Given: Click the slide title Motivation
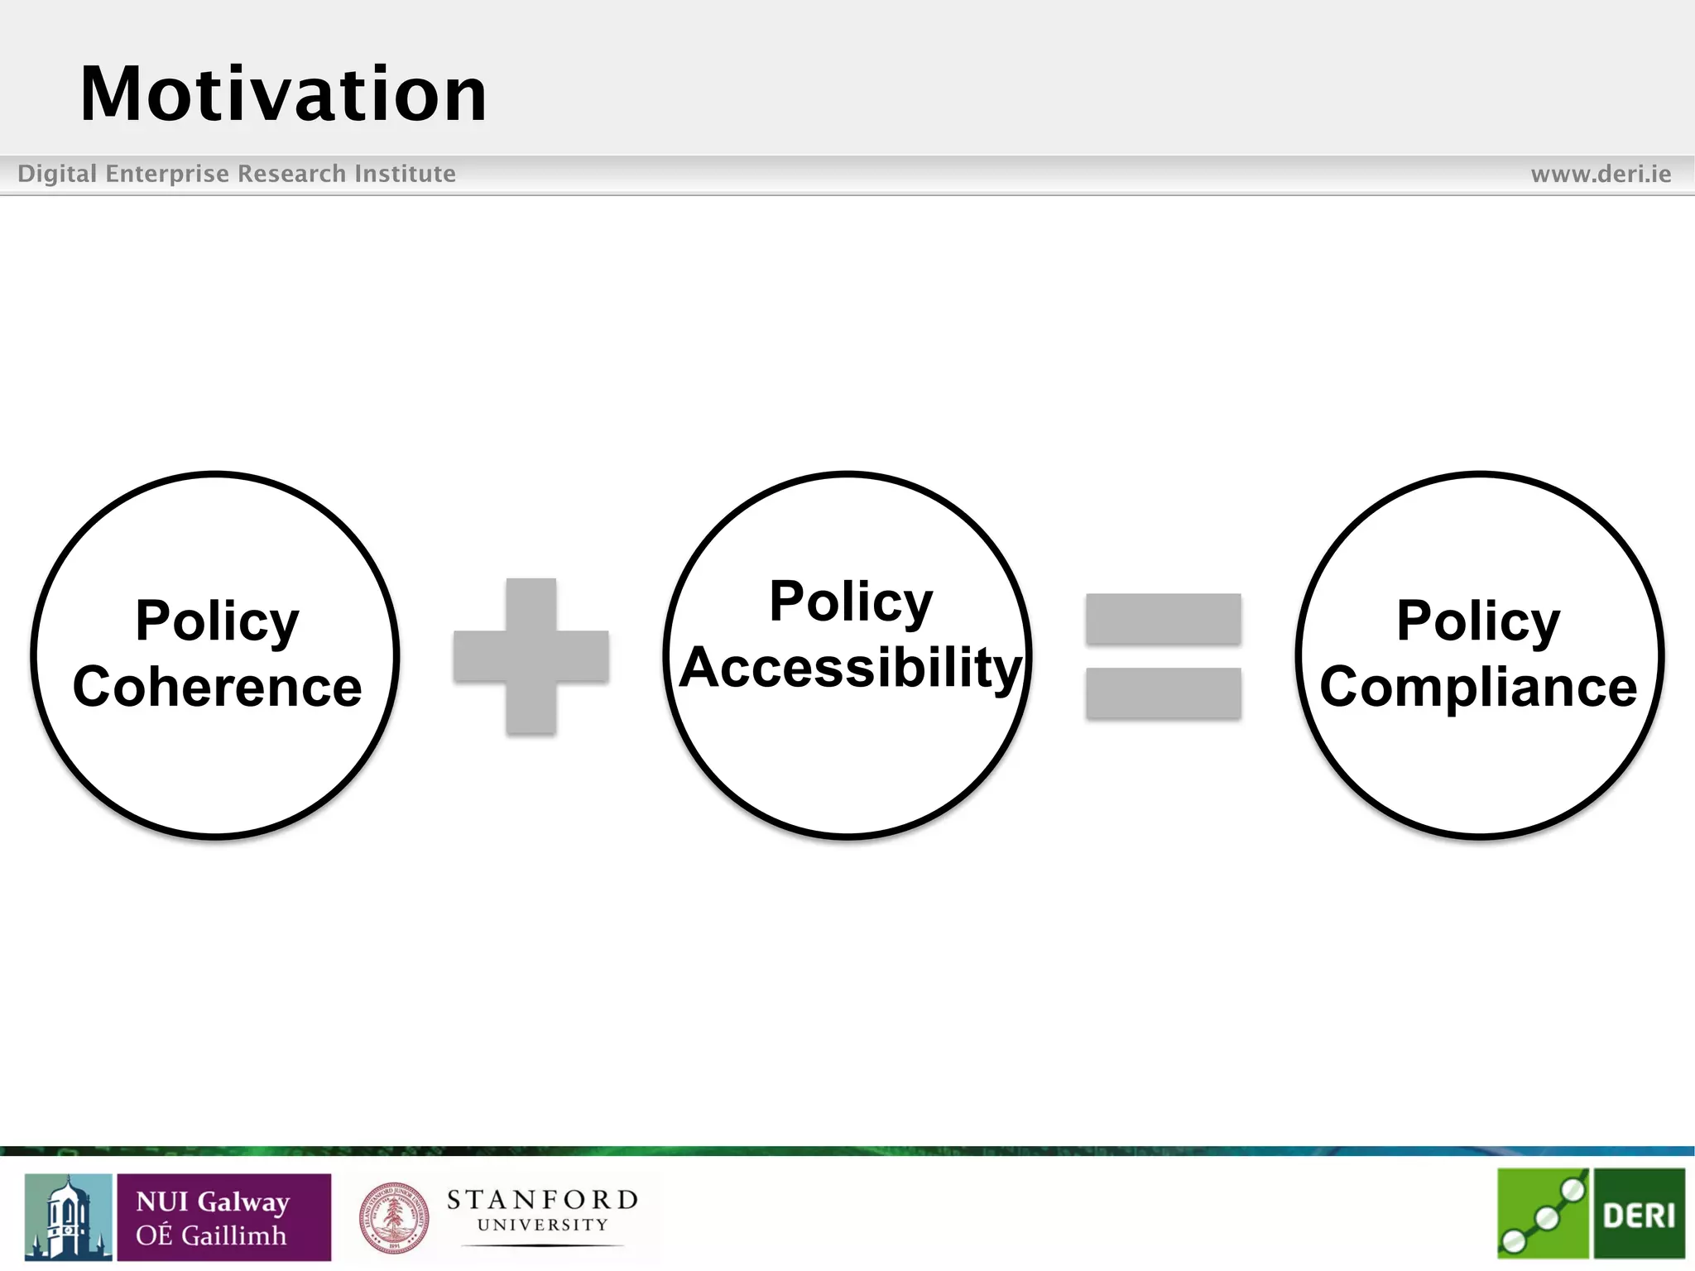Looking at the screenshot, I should pos(283,94).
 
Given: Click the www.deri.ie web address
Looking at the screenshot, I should pos(1601,174).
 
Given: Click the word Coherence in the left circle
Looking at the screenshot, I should pos(217,687).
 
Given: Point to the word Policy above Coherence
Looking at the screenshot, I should pos(217,621).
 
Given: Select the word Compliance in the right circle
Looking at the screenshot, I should pos(1478,687).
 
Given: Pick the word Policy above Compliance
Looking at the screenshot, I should pos(1478,621).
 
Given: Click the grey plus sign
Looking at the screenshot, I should pos(531,656).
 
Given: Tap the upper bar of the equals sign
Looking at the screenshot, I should pos(1163,618).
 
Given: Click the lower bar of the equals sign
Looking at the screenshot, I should pos(1163,693).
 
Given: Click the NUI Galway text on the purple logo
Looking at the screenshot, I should pos(213,1201).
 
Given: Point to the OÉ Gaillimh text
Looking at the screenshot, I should pos(211,1235).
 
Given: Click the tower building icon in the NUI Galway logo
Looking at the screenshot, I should pos(68,1217).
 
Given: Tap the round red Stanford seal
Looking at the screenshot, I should pos(394,1217).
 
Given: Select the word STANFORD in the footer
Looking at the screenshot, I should pos(542,1200).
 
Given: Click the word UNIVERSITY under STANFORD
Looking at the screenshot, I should pos(542,1225).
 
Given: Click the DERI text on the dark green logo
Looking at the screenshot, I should pos(1639,1216).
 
